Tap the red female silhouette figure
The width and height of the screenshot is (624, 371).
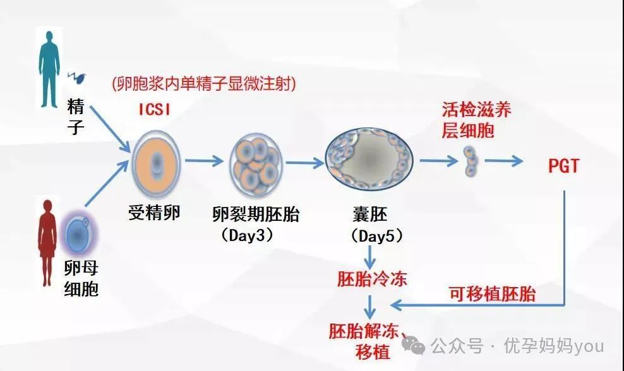(47, 242)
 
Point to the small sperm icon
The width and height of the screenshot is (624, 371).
(76, 77)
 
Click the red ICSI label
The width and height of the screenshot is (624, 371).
(154, 109)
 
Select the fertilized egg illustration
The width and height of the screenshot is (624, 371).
(156, 164)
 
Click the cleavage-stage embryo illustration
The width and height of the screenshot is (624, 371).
(256, 166)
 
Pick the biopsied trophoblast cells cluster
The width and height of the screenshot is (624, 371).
(471, 161)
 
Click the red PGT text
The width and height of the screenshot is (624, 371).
(563, 166)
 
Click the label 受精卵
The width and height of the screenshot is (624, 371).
(154, 213)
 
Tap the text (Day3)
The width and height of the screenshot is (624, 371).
(248, 235)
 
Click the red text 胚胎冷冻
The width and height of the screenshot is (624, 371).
(372, 279)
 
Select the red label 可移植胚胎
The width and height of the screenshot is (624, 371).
(492, 294)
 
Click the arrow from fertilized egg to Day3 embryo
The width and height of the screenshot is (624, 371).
(204, 161)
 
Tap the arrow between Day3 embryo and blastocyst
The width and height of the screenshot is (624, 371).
(305, 163)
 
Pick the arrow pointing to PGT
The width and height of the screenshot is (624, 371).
(503, 161)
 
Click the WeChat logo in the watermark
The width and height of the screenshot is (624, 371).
(413, 344)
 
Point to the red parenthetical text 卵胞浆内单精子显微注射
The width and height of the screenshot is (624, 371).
(204, 83)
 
